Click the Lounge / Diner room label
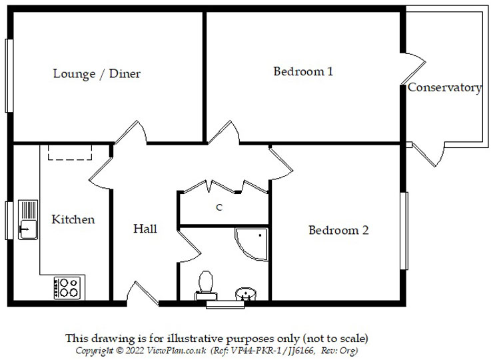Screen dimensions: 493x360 pyautogui.click(x=97, y=74)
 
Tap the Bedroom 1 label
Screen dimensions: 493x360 pyautogui.click(x=303, y=71)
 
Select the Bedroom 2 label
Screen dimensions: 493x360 pyautogui.click(x=338, y=230)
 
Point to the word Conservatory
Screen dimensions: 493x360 pyautogui.click(x=444, y=87)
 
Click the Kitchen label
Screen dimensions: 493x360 pyautogui.click(x=73, y=219)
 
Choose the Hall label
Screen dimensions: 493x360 pyautogui.click(x=145, y=229)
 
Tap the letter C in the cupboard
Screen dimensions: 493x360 pyautogui.click(x=219, y=207)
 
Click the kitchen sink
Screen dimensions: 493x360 pyautogui.click(x=27, y=219)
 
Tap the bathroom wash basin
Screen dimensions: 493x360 pyautogui.click(x=246, y=293)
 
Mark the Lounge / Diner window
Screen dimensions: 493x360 pyautogui.click(x=9, y=75)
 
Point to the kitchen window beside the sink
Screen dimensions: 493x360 pyautogui.click(x=9, y=219)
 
